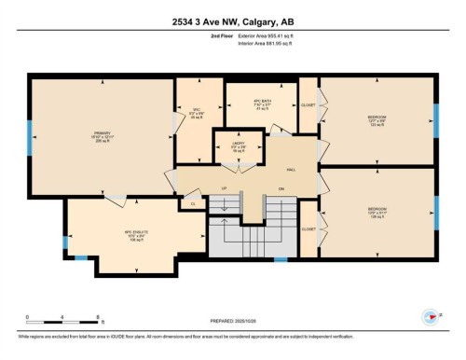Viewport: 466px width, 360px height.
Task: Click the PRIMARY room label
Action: click(103, 132)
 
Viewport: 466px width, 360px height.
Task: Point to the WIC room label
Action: click(197, 113)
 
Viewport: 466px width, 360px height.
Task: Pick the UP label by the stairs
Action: click(224, 187)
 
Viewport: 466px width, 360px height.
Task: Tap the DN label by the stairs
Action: click(281, 187)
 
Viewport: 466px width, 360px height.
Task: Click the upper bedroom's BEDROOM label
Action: click(377, 118)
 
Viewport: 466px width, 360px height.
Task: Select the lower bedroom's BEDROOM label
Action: click(377, 210)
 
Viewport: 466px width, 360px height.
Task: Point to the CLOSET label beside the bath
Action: click(308, 104)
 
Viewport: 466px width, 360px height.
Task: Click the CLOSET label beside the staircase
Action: click(308, 228)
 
